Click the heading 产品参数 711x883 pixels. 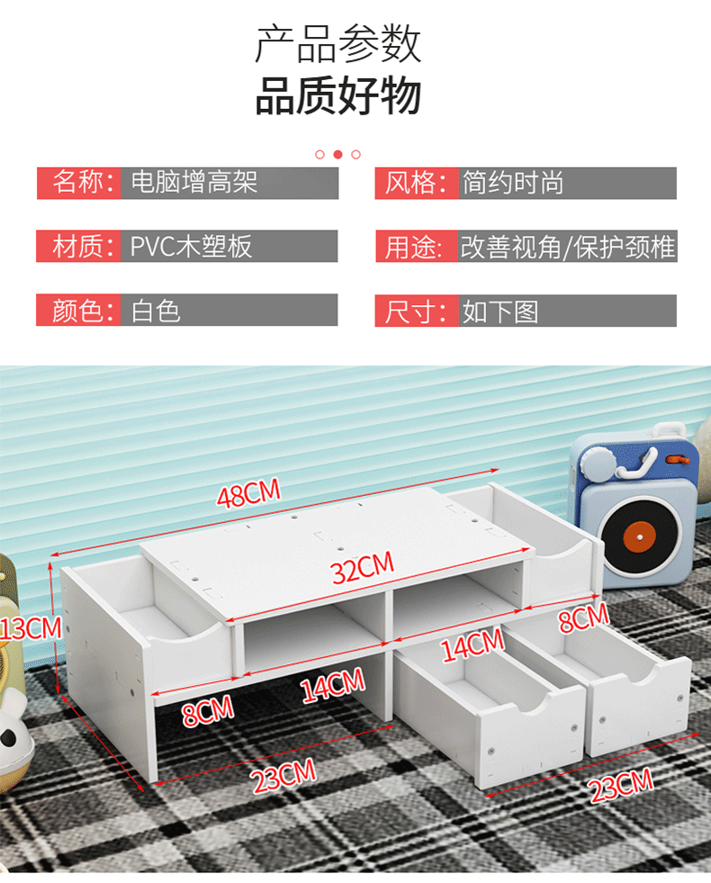point(337,43)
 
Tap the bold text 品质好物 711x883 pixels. point(337,96)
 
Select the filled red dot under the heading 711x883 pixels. point(337,154)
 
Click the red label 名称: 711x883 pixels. point(79,183)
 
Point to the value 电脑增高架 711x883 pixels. point(194,183)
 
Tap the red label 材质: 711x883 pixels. point(79,247)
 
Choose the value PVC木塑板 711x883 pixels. point(192,247)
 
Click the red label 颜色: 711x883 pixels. point(79,311)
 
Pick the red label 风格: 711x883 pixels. point(416,183)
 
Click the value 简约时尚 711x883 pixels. point(513,183)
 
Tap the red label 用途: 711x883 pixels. point(416,247)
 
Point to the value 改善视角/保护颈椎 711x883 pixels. point(568,247)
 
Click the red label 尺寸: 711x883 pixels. point(416,311)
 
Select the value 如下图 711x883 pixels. point(500,311)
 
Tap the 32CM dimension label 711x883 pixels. point(363,568)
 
